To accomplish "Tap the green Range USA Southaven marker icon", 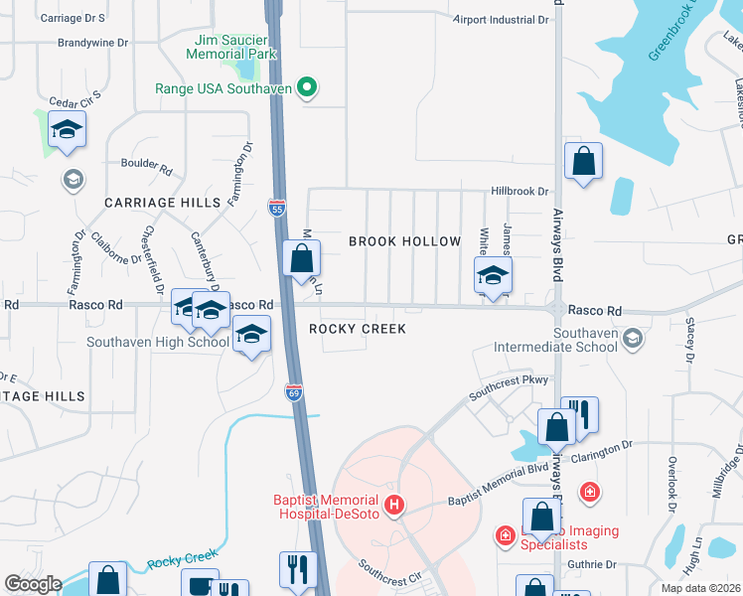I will (x=307, y=88).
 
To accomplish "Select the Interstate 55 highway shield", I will (x=277, y=207).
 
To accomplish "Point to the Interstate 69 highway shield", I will (x=294, y=392).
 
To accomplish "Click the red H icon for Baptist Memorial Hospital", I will (x=394, y=507).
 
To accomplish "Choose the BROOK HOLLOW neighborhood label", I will (x=404, y=241).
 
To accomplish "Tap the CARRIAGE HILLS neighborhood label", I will (x=162, y=202).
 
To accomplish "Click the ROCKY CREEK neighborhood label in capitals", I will (x=357, y=329).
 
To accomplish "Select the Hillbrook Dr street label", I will (x=519, y=191).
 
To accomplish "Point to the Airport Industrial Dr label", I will (x=501, y=19).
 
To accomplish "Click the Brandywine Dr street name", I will (x=93, y=44).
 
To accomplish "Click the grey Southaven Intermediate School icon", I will (x=631, y=341).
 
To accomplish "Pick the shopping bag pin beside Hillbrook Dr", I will (x=583, y=160).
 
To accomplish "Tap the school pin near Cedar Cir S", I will (x=67, y=129).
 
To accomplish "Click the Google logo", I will (x=33, y=584).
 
